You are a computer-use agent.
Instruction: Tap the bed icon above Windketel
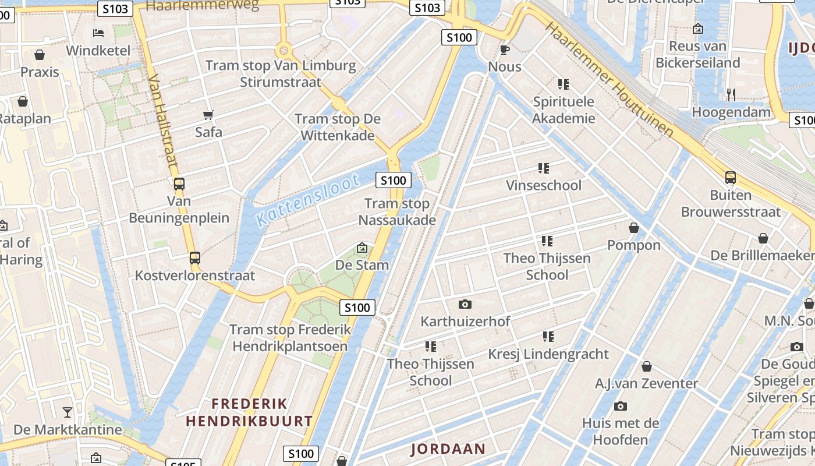coord(98,33)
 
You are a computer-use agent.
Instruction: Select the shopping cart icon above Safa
coord(208,115)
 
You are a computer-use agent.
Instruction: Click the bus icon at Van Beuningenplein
coord(179,184)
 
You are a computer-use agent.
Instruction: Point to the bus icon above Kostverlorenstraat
coord(195,257)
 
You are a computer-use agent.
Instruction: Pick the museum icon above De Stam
coord(362,248)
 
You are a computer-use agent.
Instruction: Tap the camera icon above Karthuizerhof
coord(465,304)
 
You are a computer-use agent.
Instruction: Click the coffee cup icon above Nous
coord(505,50)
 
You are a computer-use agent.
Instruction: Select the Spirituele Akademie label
coord(564,110)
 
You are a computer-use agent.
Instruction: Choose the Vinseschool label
coord(544,185)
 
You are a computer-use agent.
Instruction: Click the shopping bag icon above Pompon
coord(634,228)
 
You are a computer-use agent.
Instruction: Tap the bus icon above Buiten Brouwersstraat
coord(731,178)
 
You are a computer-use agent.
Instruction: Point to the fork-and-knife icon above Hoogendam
coord(731,94)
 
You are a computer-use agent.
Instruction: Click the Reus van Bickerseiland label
coord(697,54)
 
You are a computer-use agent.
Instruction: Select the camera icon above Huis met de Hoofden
coord(621,406)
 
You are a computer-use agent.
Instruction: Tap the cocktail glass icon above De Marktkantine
coord(68,412)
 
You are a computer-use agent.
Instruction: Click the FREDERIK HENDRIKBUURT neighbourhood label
coord(249,412)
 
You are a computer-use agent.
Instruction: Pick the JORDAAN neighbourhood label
coord(448,449)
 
